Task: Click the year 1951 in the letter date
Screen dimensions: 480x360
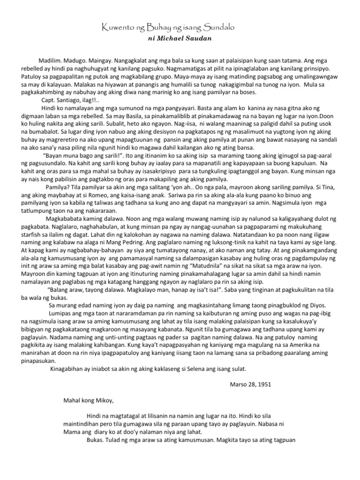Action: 263,385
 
